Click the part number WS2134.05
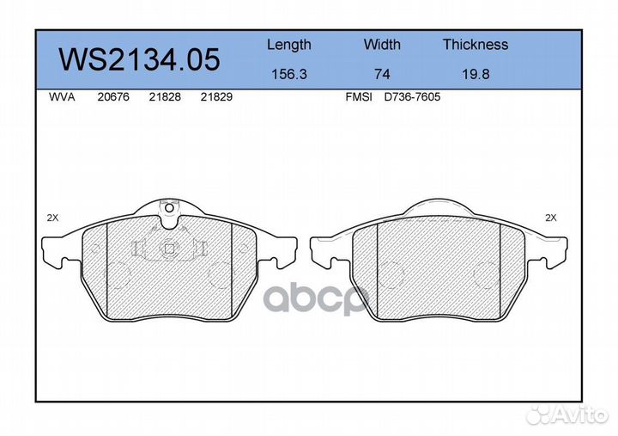click(x=139, y=59)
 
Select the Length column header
click(x=289, y=45)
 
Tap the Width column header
click(x=382, y=44)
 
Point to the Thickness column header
click(x=476, y=44)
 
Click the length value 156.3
click(x=289, y=74)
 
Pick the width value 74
click(x=382, y=74)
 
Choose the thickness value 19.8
click(x=476, y=74)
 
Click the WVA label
click(x=62, y=97)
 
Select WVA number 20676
click(x=113, y=97)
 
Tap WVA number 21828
click(x=165, y=97)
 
